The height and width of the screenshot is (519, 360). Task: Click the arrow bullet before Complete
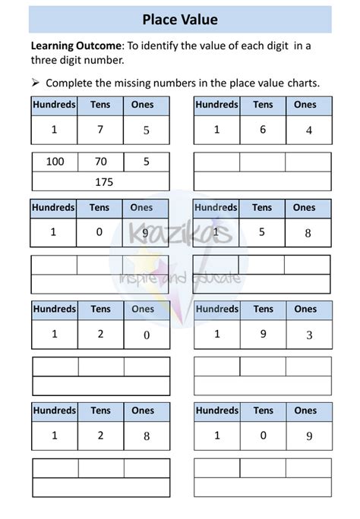36,81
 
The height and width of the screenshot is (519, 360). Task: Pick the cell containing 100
55,162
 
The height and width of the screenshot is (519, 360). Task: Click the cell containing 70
100,162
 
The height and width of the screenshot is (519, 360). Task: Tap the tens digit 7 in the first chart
99,130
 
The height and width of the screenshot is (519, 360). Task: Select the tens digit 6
263,130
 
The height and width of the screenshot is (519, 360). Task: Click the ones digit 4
309,130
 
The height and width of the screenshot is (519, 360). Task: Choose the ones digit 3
309,334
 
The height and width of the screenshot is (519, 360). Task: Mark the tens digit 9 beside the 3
263,334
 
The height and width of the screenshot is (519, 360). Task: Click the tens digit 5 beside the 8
262,233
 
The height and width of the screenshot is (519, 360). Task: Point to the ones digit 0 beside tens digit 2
146,335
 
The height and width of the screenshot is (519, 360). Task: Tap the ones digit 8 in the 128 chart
146,436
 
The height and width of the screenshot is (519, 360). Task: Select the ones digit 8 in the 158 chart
308,234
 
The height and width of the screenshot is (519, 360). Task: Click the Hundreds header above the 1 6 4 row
216,105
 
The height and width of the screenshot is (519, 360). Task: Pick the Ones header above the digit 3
305,309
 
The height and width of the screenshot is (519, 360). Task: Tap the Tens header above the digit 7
99,105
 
